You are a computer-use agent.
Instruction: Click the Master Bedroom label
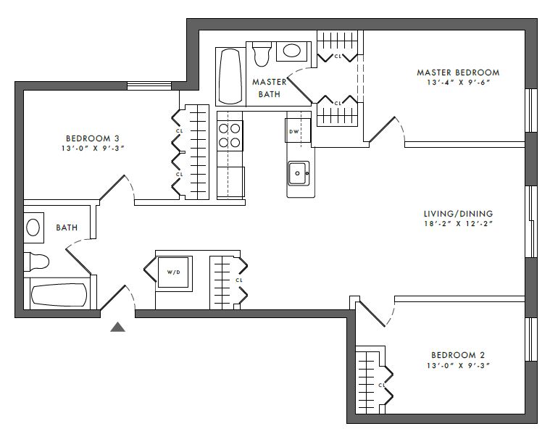pos(458,72)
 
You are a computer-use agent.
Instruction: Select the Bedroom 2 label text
pos(458,355)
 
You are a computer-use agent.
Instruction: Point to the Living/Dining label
pos(458,214)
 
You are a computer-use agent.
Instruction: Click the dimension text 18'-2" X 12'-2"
pos(459,224)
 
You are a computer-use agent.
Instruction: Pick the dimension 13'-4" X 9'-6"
pos(458,83)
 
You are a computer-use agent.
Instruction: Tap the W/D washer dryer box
pos(174,272)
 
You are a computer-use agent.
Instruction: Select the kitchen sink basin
pos(299,173)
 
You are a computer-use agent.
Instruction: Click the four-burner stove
pos(230,135)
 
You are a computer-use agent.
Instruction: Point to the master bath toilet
pos(262,54)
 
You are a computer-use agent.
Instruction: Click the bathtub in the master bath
pos(230,77)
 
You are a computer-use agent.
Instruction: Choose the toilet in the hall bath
pos(36,262)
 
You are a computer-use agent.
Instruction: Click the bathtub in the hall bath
pos(59,295)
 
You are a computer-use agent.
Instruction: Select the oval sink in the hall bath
pos(33,228)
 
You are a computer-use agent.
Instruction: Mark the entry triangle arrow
pos(118,327)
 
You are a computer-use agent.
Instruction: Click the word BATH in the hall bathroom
pos(67,228)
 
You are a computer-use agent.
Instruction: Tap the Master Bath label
pos(270,88)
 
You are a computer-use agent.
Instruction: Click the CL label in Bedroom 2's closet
pos(382,385)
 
